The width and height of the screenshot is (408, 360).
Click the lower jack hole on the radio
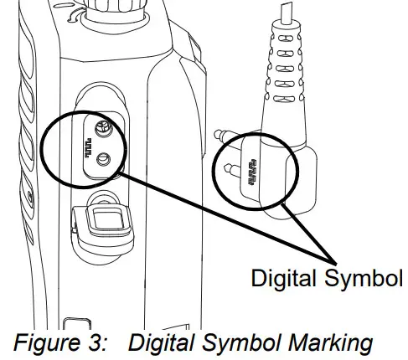[103, 160]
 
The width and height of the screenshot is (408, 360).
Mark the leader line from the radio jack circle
[226, 214]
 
